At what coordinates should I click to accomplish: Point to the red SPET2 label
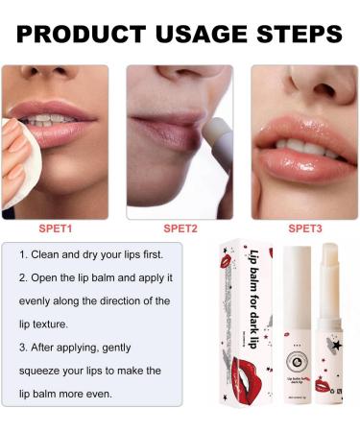click(180, 228)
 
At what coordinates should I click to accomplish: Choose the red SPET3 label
click(304, 228)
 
